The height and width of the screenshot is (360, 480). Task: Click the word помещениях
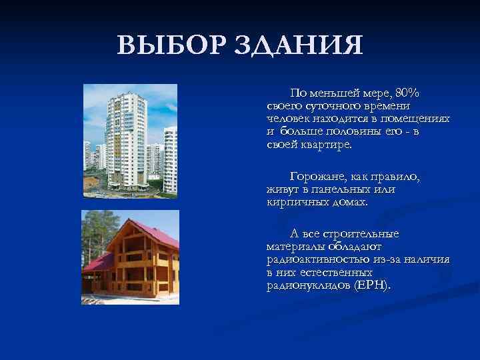tap(418, 118)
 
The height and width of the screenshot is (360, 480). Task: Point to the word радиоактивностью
tap(314, 260)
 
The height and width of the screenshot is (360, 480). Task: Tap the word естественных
tap(339, 273)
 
